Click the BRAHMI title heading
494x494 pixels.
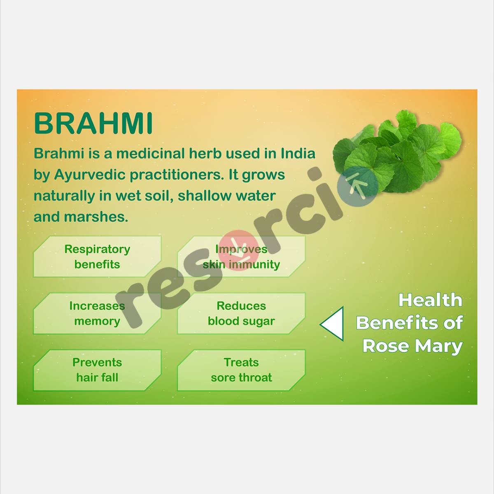point(93,123)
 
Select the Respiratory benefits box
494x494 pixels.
point(97,256)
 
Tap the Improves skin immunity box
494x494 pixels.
point(241,256)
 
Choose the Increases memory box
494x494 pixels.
point(97,313)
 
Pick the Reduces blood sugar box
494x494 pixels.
point(241,313)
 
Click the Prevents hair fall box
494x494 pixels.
point(97,370)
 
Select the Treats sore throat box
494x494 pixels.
point(241,370)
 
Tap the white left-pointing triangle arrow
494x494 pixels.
point(333,324)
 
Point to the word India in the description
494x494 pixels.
point(298,154)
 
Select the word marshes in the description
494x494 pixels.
point(96,217)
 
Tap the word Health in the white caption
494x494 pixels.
point(430,300)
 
